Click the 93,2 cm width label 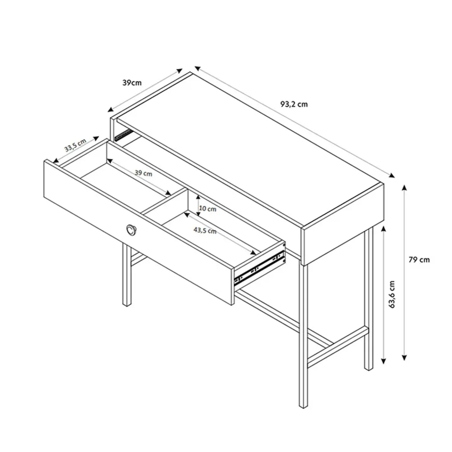coord(294,104)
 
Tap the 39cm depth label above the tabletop coord(132,83)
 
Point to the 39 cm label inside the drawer coord(143,173)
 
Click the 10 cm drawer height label coord(207,209)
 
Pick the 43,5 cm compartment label coord(205,231)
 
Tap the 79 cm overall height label coord(419,260)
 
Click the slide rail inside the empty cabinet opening coord(124,135)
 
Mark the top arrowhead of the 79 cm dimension coord(404,187)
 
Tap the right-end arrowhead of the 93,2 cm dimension coord(392,175)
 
